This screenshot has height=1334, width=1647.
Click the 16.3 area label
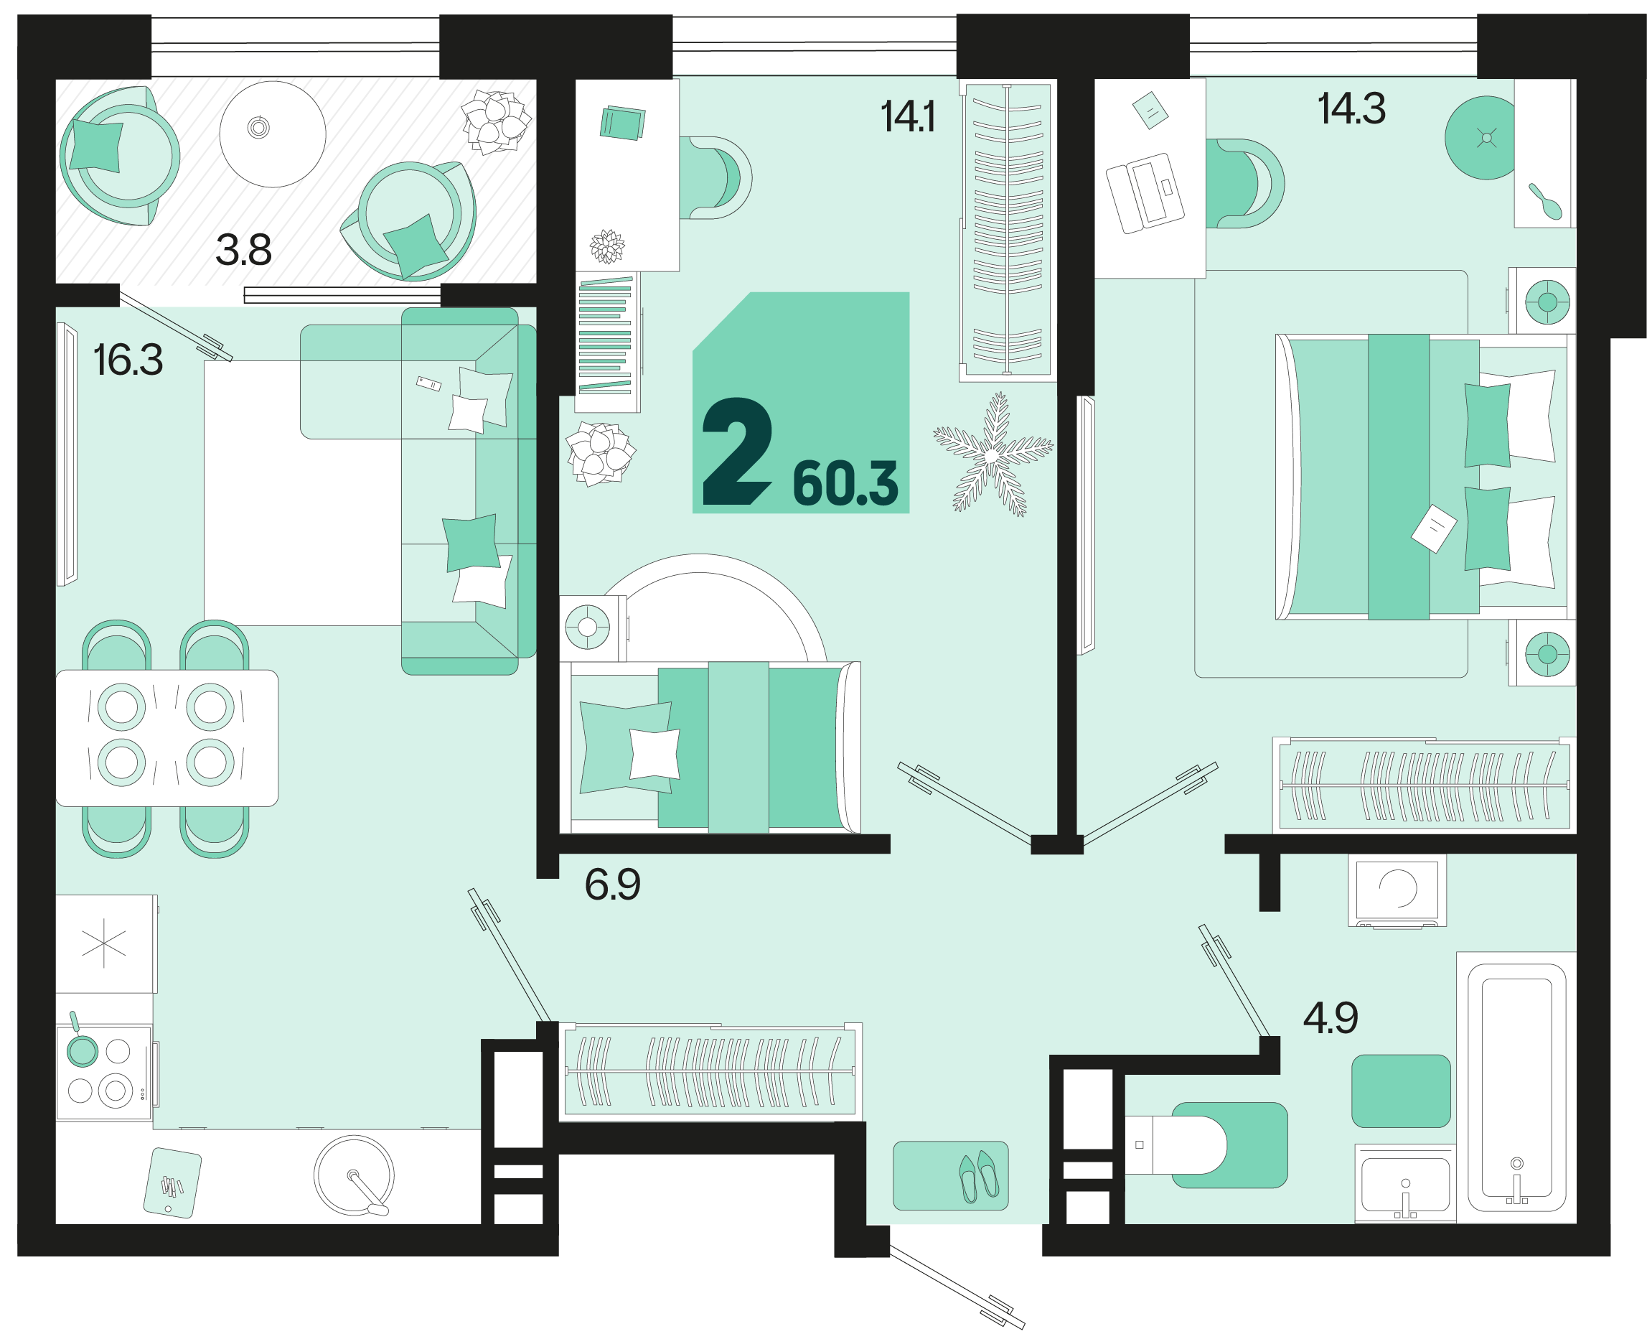(x=128, y=360)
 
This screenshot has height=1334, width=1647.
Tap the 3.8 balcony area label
(x=243, y=251)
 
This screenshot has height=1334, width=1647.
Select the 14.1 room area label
(x=908, y=118)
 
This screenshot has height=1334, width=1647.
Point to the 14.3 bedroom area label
(x=1351, y=108)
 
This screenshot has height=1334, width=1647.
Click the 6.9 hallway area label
(x=612, y=885)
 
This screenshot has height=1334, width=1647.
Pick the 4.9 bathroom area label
(x=1331, y=1018)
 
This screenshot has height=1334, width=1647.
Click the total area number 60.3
(x=845, y=483)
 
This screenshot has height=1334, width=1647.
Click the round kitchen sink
(x=354, y=1176)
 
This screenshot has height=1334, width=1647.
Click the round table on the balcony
(x=273, y=134)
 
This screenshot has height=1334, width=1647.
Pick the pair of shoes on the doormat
(x=979, y=1176)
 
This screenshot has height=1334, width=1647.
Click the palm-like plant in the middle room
(x=993, y=455)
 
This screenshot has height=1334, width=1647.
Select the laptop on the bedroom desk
(x=1145, y=193)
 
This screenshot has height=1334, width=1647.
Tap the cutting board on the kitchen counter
(x=173, y=1183)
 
